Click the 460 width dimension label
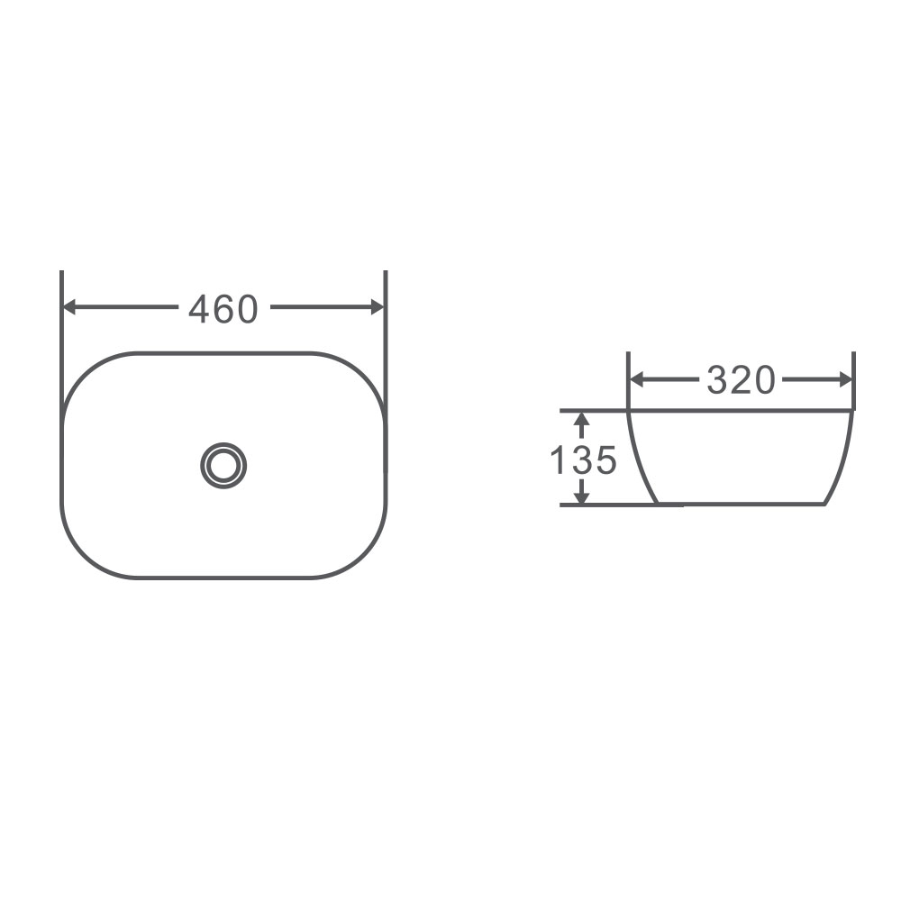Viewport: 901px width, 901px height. click(223, 310)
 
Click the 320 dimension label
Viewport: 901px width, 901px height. click(741, 381)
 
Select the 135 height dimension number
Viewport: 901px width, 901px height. click(583, 460)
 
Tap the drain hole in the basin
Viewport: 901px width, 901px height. click(223, 465)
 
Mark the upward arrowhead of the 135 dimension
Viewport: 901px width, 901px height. click(582, 419)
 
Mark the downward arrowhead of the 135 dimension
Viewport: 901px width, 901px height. click(582, 496)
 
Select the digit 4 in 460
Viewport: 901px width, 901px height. click(199, 310)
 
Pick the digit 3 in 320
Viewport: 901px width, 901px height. click(718, 381)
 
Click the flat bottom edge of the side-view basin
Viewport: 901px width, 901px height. click(739, 504)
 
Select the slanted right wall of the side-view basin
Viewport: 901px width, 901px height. click(840, 460)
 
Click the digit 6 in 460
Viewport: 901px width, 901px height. click(223, 310)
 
